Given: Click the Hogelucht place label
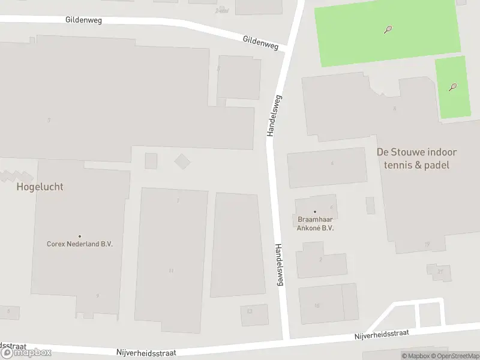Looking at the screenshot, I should pos(40,187).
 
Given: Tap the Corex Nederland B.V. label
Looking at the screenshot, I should pos(80,244).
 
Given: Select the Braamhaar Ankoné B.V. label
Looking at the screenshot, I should pos(315,224).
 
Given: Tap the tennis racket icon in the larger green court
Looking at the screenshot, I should pos(389,28).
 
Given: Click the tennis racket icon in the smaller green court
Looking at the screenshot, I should pos(453,87).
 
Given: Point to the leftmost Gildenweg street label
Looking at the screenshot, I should pos(83,20).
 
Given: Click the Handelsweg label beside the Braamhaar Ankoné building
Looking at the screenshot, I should pos(278,264).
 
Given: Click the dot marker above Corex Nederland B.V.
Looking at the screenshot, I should pos(80,236).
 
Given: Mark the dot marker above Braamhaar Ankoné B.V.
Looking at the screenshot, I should pos(315,212).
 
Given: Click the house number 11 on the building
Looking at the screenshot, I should pos(171,271).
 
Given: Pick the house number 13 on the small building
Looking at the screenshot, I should pos(250,311).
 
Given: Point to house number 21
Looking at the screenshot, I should pos(440,272).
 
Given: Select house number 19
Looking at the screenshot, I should pos(427,244).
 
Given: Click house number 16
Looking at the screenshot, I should pos(317,305).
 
